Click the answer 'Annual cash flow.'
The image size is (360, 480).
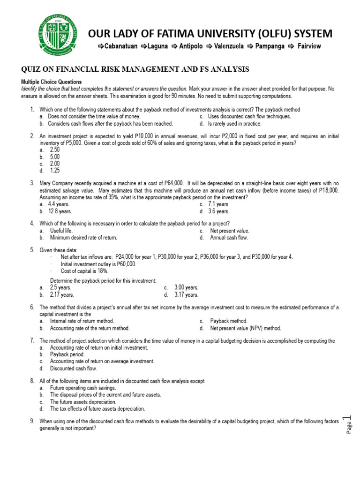pyautogui.click(x=229, y=238)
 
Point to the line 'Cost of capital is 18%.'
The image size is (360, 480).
pyautogui.click(x=85, y=271)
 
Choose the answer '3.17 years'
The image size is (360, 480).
pyautogui.click(x=187, y=295)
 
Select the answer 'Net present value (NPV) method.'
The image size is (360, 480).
pyautogui.click(x=246, y=328)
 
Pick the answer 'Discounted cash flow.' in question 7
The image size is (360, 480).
pyautogui.click(x=74, y=368)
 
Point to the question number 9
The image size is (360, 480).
pyautogui.click(x=32, y=421)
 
